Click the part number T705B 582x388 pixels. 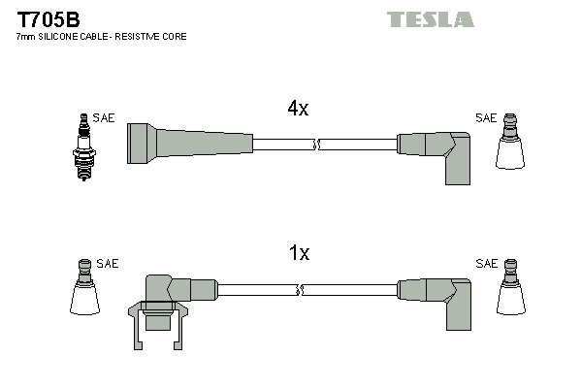pos(48,17)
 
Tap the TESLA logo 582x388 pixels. pos(431,19)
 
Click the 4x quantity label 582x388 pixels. pos(298,110)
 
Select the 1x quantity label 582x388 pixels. pos(299,253)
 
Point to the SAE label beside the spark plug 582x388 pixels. pos(105,118)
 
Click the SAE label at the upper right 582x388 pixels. pos(485,118)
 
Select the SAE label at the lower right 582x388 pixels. pos(485,264)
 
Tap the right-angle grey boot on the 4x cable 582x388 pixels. pos(441,150)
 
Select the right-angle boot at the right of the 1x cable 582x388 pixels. pos(443,296)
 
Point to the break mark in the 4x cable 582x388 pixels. pos(315,145)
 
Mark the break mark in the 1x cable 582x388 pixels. pos(302,289)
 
